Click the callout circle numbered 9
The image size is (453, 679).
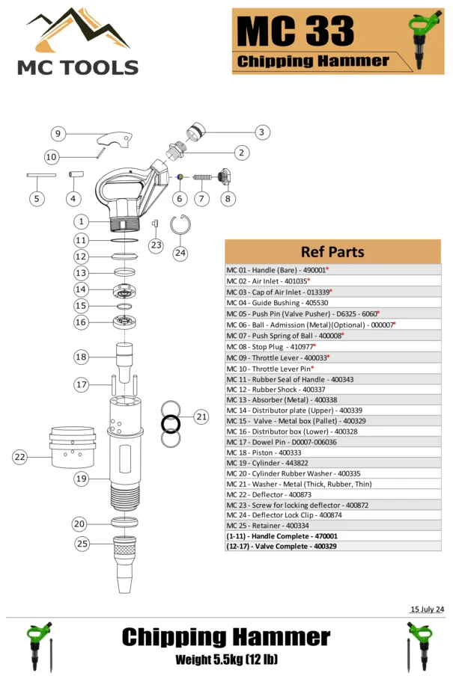58,134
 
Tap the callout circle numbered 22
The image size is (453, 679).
20,457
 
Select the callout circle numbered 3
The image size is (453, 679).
261,132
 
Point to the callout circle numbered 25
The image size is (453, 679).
82,544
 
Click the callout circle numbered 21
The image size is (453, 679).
201,417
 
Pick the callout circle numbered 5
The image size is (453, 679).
37,199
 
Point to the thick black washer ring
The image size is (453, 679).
171,423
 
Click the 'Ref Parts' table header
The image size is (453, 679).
332,251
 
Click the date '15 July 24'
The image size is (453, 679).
427,609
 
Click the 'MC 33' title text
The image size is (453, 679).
296,32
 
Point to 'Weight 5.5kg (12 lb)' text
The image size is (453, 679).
225,660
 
